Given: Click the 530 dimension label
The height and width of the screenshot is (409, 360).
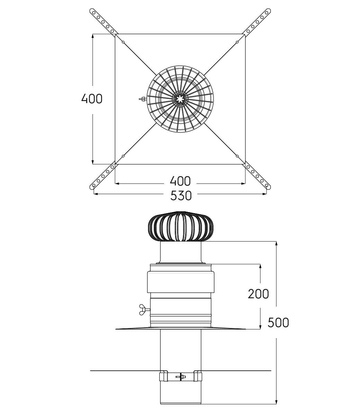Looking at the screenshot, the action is (x=181, y=196).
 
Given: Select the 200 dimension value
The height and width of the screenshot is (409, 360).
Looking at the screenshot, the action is (x=258, y=294).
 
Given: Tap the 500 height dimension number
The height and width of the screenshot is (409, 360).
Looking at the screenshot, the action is (x=278, y=322).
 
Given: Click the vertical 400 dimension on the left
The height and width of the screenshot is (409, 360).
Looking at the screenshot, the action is (x=92, y=99).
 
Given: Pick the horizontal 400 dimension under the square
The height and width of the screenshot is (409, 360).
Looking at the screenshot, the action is (x=180, y=181).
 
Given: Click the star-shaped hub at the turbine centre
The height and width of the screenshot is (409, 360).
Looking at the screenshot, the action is (x=180, y=99).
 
